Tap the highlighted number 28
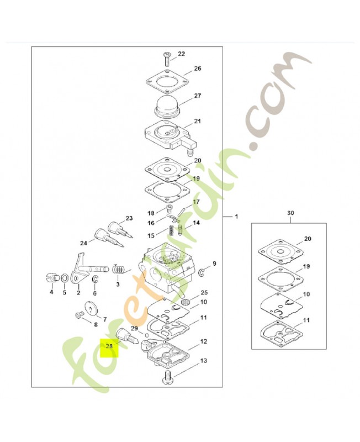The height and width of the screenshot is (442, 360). point(109,346)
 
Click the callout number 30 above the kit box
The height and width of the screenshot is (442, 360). point(290,213)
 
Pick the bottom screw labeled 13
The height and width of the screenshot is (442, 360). point(168,377)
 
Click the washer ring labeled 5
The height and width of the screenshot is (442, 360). point(64,278)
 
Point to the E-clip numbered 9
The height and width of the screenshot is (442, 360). point(202,272)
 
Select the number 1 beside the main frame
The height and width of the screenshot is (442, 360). point(236,217)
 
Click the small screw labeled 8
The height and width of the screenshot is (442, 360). point(79,315)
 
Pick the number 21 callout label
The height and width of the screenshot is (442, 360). point(198,121)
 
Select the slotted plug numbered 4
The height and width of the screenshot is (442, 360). point(50,277)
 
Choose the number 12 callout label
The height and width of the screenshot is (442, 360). point(203,341)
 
